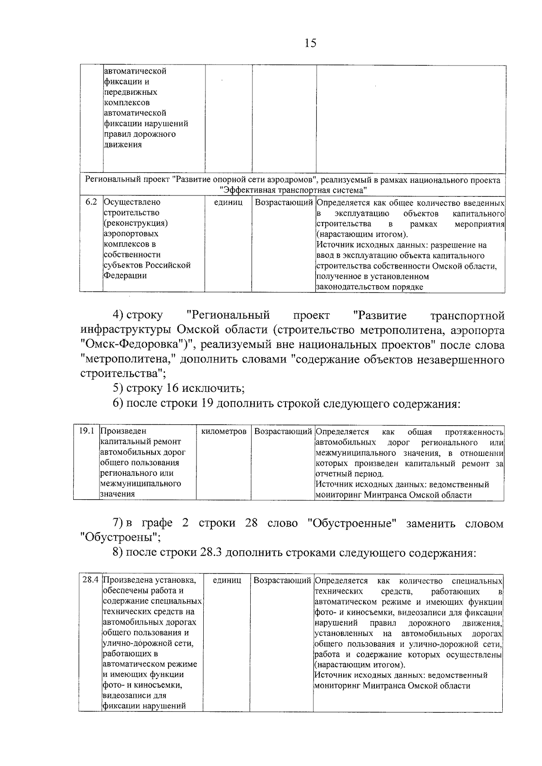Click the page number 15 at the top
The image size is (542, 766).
pyautogui.click(x=311, y=43)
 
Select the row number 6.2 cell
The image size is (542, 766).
pyautogui.click(x=91, y=202)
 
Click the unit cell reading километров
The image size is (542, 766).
pyautogui.click(x=224, y=432)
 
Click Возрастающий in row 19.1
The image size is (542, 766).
pyautogui.click(x=283, y=432)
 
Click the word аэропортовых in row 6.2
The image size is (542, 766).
pyautogui.click(x=131, y=234)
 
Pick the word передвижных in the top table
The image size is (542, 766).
pyautogui.click(x=131, y=92)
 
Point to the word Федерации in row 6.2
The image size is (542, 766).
pyautogui.click(x=125, y=275)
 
